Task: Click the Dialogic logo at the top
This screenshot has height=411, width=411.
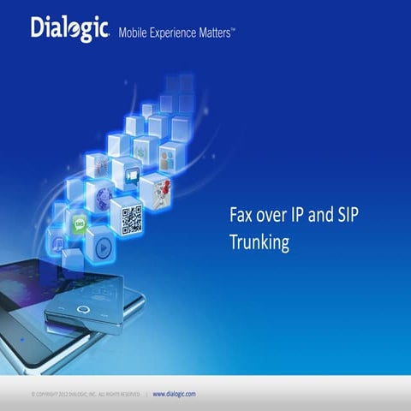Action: (x=69, y=28)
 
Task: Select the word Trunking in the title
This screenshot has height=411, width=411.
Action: (x=259, y=242)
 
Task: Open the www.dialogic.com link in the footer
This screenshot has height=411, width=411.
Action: (x=174, y=394)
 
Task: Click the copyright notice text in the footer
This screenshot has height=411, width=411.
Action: (x=86, y=394)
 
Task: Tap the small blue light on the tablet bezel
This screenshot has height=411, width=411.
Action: (x=22, y=339)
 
